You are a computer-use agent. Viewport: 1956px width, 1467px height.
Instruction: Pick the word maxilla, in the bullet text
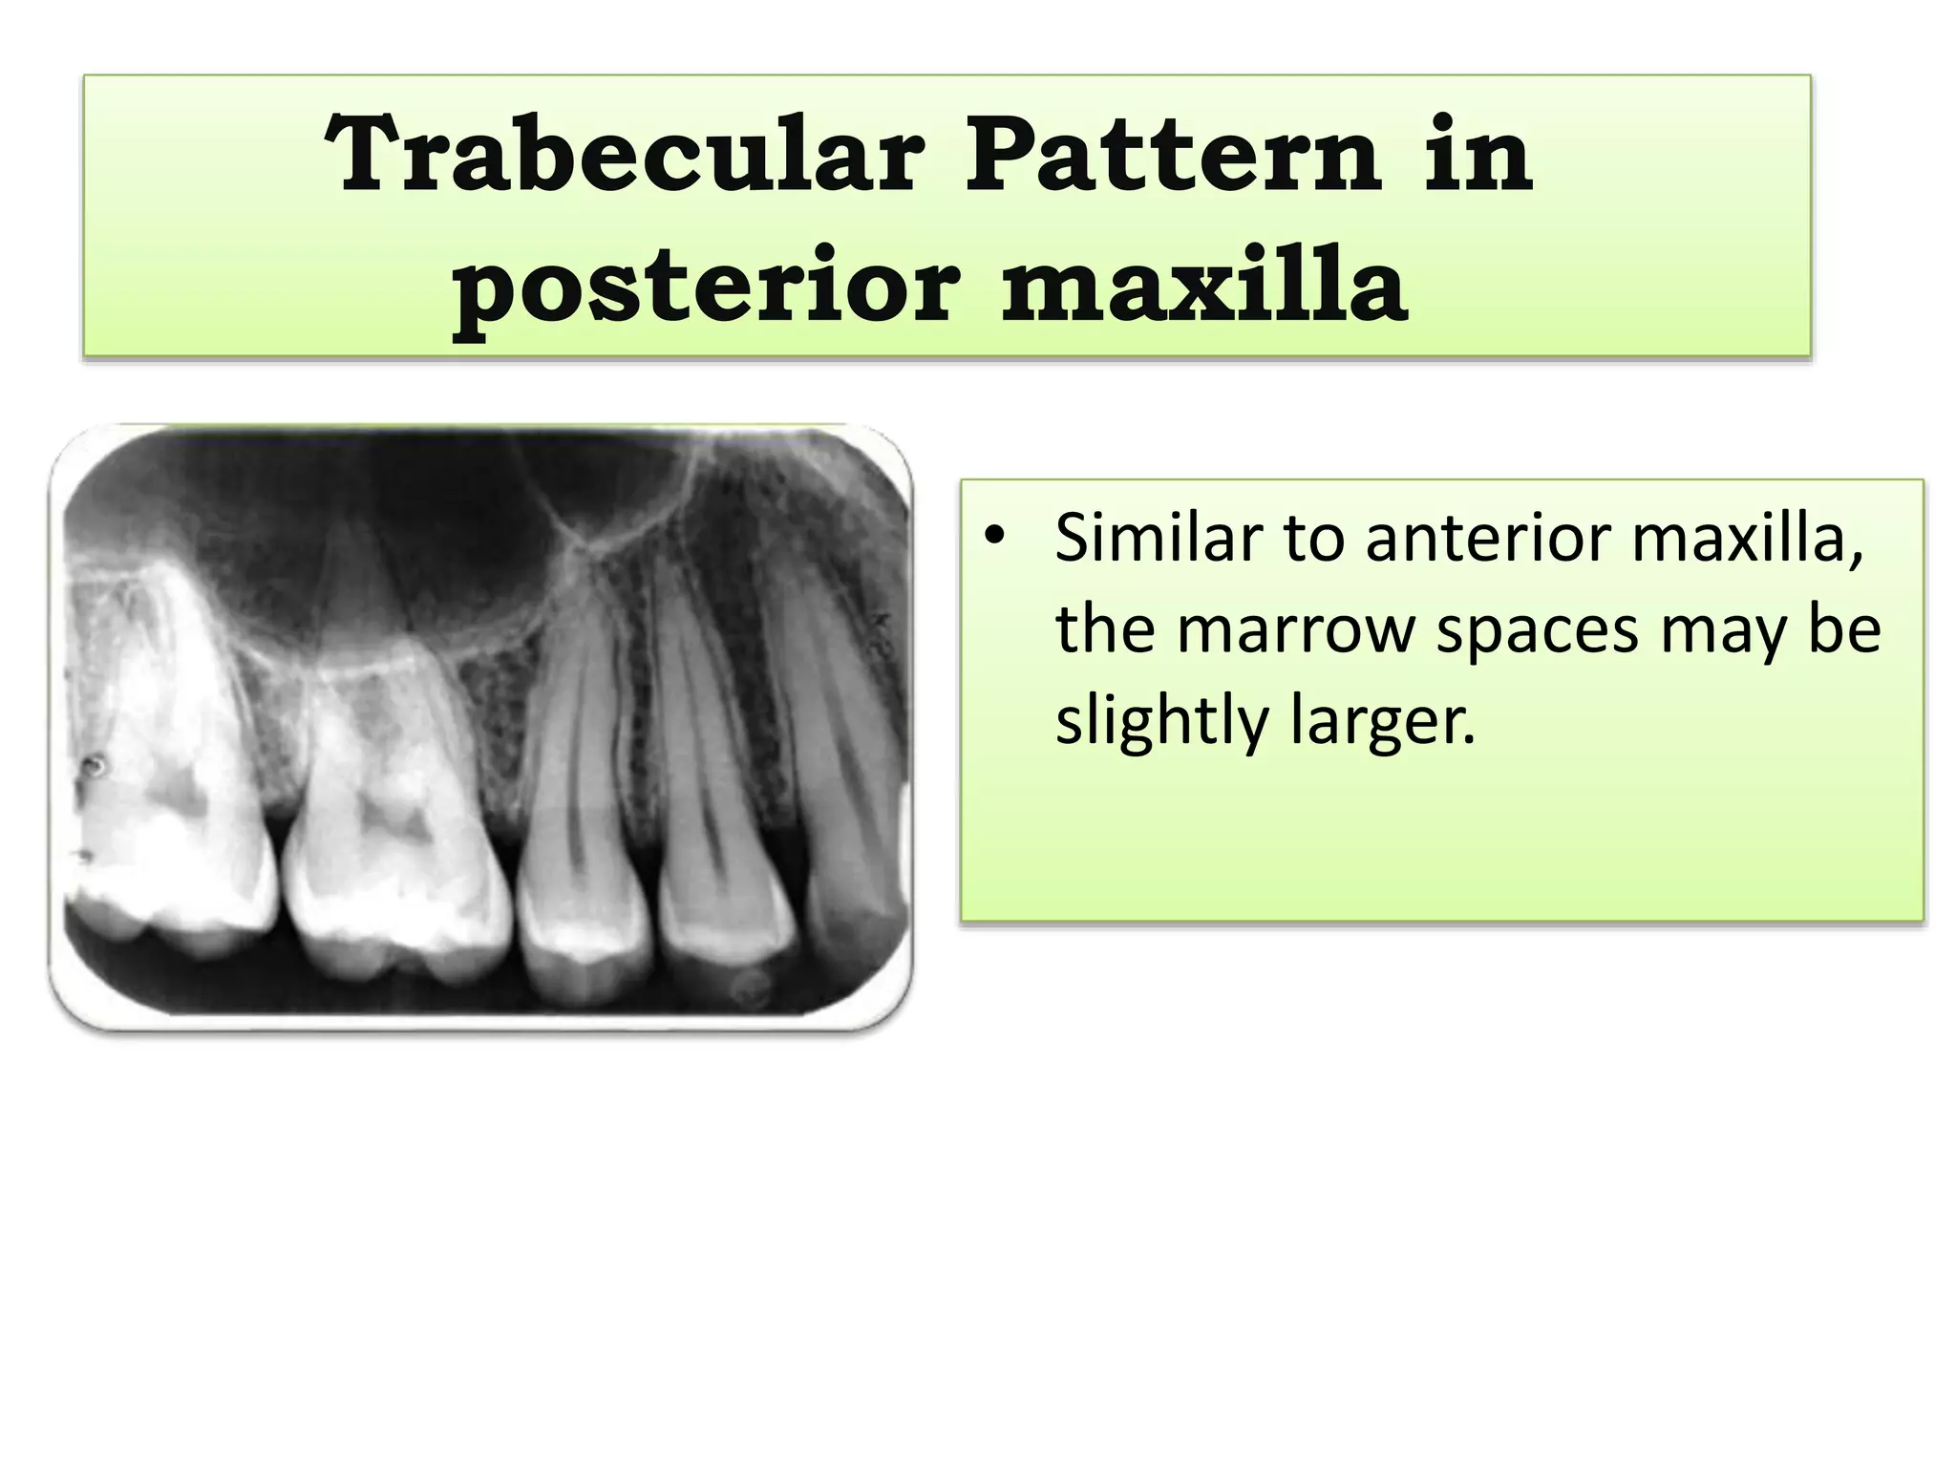(1748, 538)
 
